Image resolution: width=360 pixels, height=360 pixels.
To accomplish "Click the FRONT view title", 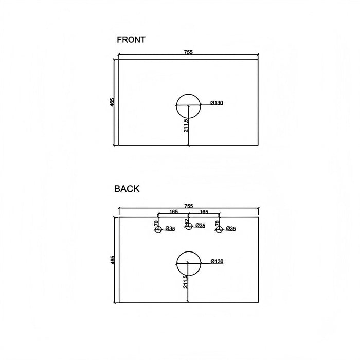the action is point(131,40).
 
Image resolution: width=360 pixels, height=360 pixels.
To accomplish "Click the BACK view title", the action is point(127,189).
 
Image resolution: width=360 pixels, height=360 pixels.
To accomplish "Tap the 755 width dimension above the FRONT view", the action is point(188,52).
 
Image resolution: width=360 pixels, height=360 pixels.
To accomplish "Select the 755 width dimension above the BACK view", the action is point(189,206).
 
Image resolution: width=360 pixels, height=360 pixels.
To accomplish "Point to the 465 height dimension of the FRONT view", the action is point(112,102).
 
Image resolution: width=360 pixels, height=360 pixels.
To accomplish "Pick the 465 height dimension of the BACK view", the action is point(112,260).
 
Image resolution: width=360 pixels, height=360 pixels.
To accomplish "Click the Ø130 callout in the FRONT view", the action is point(217,103).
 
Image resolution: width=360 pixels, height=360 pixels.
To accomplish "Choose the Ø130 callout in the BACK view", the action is point(217,261).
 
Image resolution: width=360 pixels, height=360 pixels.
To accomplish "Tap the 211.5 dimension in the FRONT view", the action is point(186,125).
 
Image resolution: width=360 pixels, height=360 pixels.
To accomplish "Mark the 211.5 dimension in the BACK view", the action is point(186,282).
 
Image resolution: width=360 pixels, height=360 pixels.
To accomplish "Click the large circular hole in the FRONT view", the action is point(177,106).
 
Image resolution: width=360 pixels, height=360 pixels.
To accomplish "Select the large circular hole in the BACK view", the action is point(177,263).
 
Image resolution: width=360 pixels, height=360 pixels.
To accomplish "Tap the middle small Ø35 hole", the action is point(186,226).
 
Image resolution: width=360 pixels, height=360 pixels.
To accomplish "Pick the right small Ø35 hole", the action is point(217,229).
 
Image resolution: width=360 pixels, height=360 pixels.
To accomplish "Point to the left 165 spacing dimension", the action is point(174,211).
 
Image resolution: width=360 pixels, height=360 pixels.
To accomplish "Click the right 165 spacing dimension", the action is point(204,212).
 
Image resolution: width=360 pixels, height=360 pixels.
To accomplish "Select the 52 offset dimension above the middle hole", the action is point(186,221).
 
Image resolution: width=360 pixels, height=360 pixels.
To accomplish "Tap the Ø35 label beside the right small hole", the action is point(231,228).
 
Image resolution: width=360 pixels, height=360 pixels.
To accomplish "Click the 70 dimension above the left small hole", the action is point(156,223).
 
